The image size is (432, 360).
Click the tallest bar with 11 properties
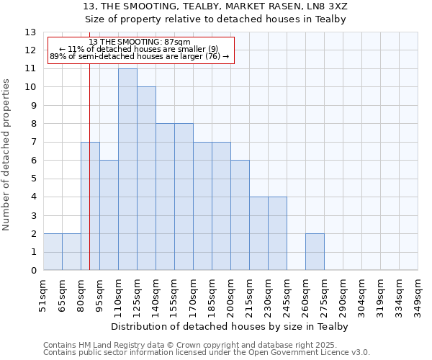(x=127, y=169)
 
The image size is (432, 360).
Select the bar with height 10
(x=146, y=179)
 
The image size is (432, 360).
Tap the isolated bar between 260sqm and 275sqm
(x=315, y=252)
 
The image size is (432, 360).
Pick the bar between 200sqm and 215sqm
(x=240, y=215)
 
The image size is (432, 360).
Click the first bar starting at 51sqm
(x=53, y=252)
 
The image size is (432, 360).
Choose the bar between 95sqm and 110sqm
(x=109, y=215)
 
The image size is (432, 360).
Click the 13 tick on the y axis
(x=30, y=32)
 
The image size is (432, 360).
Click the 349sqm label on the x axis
(x=418, y=295)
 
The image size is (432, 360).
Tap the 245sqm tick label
(x=287, y=295)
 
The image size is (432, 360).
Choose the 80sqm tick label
(x=81, y=295)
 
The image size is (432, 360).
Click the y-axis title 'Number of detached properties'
(x=7, y=155)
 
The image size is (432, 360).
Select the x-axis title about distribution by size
(x=230, y=326)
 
